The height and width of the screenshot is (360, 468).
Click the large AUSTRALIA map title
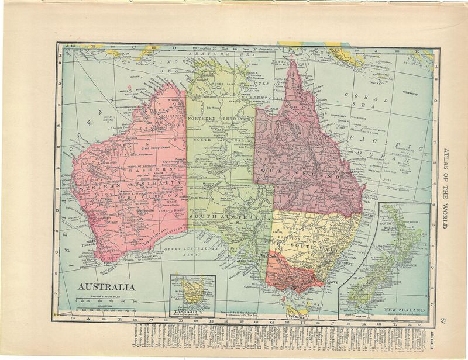coord(107,287)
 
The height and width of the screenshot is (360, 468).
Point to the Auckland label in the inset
coord(394,229)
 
